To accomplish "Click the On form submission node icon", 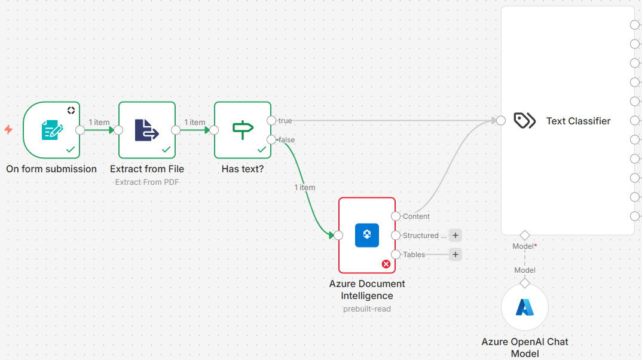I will [x=51, y=130].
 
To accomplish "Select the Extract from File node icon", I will [x=146, y=130].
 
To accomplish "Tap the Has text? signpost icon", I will [x=242, y=130].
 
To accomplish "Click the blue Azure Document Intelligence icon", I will [x=367, y=235].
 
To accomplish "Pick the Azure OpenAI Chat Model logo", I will [x=525, y=307].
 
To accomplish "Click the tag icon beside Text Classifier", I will [x=525, y=121].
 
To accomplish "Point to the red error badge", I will [x=386, y=264].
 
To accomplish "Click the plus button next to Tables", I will [x=455, y=255].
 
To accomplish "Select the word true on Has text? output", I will [x=285, y=121].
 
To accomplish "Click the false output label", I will [x=286, y=140].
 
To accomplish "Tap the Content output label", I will [x=416, y=216].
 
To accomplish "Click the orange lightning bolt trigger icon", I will [x=8, y=129].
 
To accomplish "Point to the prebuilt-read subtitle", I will [x=367, y=309].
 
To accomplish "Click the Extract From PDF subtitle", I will [x=147, y=182].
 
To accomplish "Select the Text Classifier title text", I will [x=578, y=121].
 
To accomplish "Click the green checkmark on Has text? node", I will [x=261, y=149].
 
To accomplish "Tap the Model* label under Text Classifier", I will [x=524, y=246].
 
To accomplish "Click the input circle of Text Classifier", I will [x=501, y=121].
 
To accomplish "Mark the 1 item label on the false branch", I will [x=304, y=188].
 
